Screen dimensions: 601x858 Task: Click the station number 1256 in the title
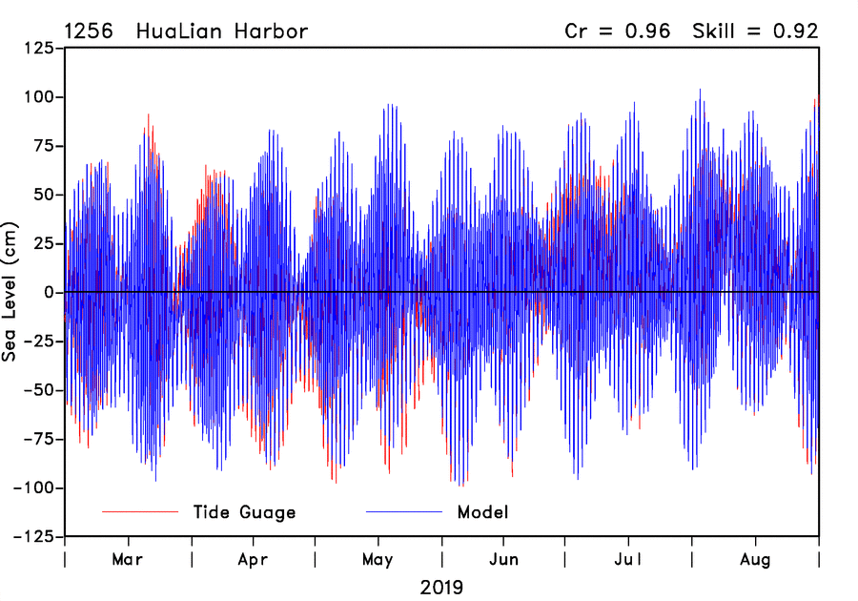click(x=88, y=31)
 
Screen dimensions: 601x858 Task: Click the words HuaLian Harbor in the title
click(x=222, y=31)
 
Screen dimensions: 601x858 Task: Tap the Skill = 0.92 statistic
click(x=755, y=31)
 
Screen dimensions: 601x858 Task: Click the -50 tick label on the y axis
click(x=39, y=390)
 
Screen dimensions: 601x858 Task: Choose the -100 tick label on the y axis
click(x=34, y=487)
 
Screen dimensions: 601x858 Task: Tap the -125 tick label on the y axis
click(x=34, y=537)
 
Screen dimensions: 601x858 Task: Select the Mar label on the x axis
click(x=128, y=559)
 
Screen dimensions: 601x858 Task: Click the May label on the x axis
click(x=378, y=559)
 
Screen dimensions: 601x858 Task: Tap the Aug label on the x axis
click(x=756, y=559)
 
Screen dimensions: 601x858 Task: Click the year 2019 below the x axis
click(x=441, y=587)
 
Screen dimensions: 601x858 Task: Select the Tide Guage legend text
click(x=244, y=512)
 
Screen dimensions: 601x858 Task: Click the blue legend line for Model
click(x=404, y=512)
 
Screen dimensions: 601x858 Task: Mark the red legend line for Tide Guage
click(x=140, y=512)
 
